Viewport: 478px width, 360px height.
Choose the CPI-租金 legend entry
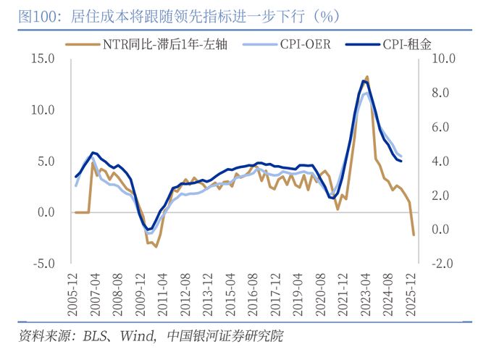tap(406, 45)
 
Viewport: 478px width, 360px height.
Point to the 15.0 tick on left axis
tap(43, 59)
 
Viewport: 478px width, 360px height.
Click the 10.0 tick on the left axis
tap(43, 110)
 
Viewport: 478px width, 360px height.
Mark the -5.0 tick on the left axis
tap(43, 263)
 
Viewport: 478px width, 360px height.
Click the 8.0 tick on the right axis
tap(442, 93)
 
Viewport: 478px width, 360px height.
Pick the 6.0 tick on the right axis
tap(442, 127)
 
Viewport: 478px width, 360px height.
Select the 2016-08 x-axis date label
tap(252, 296)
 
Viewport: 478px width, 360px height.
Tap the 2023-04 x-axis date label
tap(366, 296)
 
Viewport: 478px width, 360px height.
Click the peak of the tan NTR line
tap(367, 76)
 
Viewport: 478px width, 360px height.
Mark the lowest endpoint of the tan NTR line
tap(414, 235)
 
